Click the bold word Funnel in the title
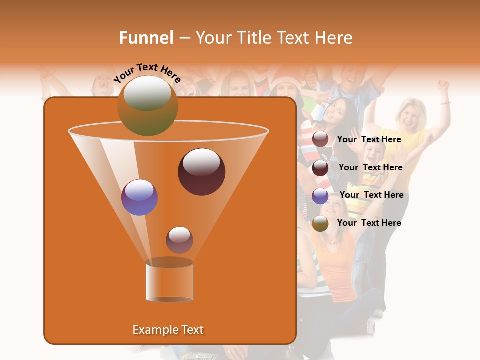point(146,38)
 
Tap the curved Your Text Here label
point(147,73)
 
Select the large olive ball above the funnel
point(147,106)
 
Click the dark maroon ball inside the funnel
point(201,172)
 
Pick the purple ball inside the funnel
point(140,197)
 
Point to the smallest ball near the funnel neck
point(179,240)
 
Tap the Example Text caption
point(168,330)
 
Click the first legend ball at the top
point(320,139)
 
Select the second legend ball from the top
point(320,168)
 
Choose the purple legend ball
point(320,196)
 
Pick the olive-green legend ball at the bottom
point(320,223)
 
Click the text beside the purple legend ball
point(372,195)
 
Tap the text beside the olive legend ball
point(369,223)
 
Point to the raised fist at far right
point(443,85)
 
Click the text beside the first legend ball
point(369,139)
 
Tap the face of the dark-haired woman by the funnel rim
point(334,112)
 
